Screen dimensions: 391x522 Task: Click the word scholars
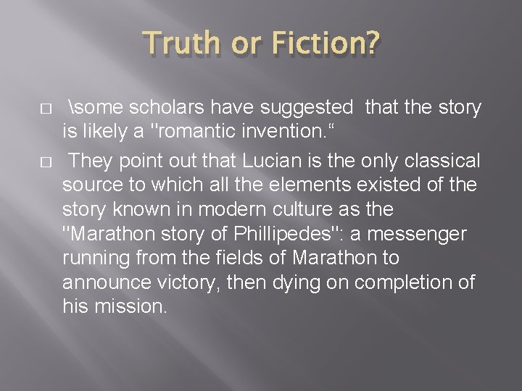click(x=165, y=109)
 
